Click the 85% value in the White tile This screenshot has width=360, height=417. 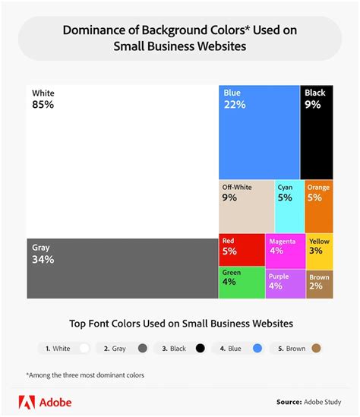coord(43,105)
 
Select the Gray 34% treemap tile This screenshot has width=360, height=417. coord(122,268)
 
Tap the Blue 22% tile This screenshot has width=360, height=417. coord(259,131)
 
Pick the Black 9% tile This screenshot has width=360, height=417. coord(317,131)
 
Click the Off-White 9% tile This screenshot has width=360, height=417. coord(246,205)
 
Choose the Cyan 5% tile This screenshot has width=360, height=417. coord(289,205)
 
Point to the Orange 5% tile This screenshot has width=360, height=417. coord(319,205)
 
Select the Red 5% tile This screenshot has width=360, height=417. coord(242,249)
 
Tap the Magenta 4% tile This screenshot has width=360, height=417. coord(286,249)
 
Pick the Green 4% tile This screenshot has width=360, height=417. coord(242,282)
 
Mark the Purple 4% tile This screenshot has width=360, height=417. coord(286,282)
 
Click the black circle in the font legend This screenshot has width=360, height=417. coord(200,349)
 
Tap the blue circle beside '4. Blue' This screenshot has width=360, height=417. coord(257,349)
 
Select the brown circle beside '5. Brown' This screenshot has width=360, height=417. coord(316,349)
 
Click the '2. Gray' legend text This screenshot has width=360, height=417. coord(115,349)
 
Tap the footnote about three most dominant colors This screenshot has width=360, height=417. coord(84,374)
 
